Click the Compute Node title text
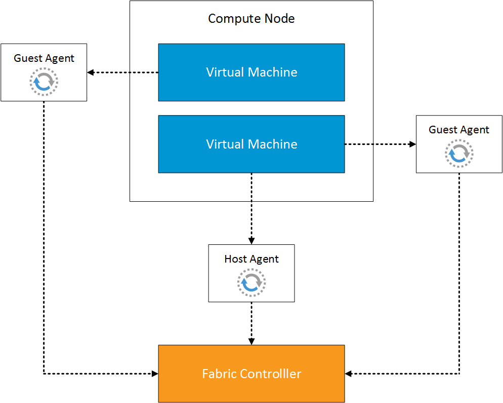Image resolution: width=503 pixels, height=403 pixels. click(251, 19)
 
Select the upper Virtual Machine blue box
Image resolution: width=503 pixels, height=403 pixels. click(251, 72)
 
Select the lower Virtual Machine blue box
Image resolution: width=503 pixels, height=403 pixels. click(251, 144)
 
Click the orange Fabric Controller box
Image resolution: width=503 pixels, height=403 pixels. click(251, 374)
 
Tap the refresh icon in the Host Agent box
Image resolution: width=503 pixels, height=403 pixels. click(252, 282)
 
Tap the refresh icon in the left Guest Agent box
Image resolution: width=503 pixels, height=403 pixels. click(44, 81)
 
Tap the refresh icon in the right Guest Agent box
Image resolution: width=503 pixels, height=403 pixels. click(459, 153)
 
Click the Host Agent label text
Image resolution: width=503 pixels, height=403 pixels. click(252, 259)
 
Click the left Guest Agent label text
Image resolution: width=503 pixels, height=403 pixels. click(44, 58)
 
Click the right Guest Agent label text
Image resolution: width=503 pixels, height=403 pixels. click(459, 130)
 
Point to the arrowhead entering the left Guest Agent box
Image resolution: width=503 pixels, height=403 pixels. click(91, 72)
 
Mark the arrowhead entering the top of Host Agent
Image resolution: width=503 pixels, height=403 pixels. click(252, 241)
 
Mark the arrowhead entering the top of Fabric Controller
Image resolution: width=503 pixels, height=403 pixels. click(252, 341)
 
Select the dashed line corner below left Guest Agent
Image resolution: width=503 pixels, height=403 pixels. click(44, 374)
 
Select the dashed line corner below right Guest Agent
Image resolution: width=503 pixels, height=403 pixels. click(459, 374)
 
